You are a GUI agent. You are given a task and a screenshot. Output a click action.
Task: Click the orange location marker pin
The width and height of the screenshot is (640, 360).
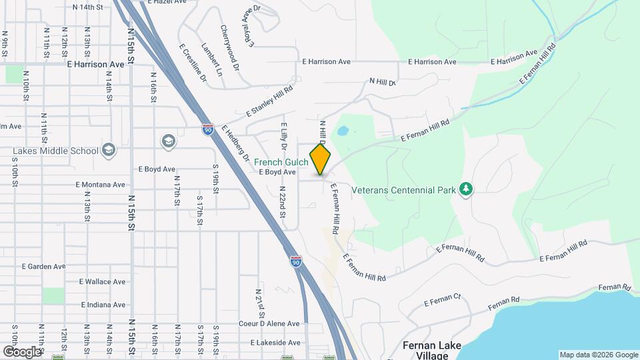(x=320, y=159)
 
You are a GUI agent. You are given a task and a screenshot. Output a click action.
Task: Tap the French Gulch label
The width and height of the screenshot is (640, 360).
(x=281, y=162)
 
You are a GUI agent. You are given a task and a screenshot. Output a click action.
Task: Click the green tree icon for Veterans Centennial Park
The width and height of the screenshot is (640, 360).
(x=466, y=190)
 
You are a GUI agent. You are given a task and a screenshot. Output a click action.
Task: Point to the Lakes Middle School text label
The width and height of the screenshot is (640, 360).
(x=56, y=151)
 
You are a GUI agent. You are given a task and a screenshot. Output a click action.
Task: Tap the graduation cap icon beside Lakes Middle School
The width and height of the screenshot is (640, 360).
(x=109, y=149)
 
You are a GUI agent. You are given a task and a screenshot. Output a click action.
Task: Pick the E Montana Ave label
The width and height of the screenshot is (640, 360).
(x=100, y=185)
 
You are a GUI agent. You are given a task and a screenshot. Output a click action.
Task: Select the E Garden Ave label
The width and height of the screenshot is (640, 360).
(x=43, y=266)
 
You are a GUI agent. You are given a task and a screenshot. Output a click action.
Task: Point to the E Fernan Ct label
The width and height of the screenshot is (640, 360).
(x=442, y=301)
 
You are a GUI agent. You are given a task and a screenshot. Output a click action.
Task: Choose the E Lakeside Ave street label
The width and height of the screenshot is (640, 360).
(x=275, y=343)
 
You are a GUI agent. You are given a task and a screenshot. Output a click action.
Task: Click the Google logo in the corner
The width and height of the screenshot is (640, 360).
(x=22, y=351)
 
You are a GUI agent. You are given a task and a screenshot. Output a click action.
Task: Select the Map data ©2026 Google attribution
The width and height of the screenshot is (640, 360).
(x=598, y=355)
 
